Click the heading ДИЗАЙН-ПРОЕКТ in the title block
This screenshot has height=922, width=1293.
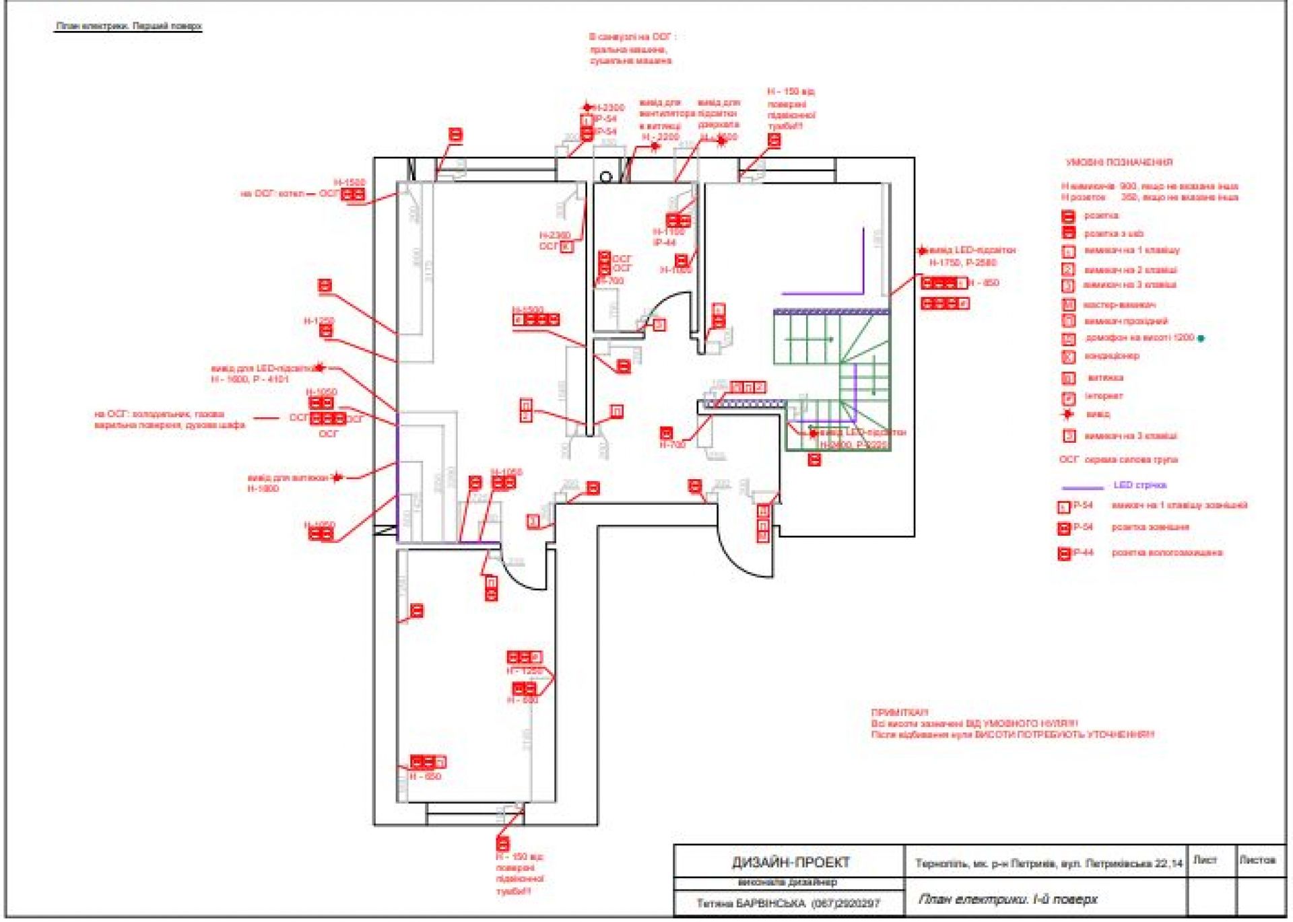click(x=791, y=863)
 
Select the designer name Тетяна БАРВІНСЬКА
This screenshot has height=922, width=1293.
click(x=751, y=903)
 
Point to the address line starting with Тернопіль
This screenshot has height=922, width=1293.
click(x=1049, y=863)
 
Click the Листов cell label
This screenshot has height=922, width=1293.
click(x=1257, y=860)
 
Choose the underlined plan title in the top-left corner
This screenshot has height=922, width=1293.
click(x=129, y=26)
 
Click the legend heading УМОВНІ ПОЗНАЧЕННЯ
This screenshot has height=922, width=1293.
click(x=1119, y=162)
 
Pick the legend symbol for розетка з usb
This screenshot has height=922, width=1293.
click(x=1068, y=234)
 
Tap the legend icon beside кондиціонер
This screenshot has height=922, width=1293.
click(x=1068, y=356)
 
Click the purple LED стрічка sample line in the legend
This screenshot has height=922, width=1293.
click(x=1082, y=487)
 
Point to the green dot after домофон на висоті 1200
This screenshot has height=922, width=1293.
click(x=1201, y=339)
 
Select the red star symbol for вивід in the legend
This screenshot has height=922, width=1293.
click(x=1067, y=414)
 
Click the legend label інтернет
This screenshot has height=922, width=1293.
click(x=1104, y=396)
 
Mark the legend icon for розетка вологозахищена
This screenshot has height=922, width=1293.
click(x=1064, y=554)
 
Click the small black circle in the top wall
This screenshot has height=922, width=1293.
click(x=605, y=177)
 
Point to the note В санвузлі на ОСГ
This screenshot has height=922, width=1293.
click(x=632, y=38)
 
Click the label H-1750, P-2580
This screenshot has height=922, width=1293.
click(x=963, y=262)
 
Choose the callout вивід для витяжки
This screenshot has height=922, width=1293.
click(x=288, y=478)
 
